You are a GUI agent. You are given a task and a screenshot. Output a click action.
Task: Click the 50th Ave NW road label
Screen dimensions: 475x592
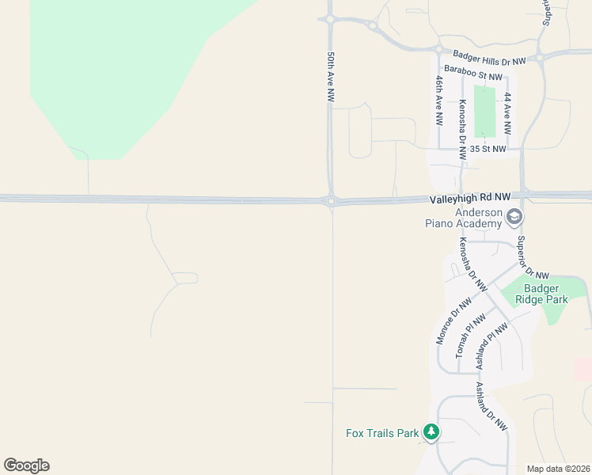coord(331,77)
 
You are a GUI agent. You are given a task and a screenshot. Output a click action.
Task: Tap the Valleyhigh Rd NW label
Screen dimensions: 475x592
coord(471,197)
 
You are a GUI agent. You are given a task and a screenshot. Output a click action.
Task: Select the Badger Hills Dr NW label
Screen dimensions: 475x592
coord(489,58)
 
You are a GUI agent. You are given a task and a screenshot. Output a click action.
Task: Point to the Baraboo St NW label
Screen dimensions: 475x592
coord(473,72)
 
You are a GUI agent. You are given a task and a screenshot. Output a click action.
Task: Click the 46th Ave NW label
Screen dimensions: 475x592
coord(438,101)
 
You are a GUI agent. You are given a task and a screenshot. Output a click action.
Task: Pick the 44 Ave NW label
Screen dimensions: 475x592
coord(507,113)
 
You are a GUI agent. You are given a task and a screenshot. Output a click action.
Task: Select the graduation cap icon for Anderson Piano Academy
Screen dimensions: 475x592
coord(514,217)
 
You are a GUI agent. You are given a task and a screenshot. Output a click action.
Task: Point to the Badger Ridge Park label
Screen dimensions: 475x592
coord(541,294)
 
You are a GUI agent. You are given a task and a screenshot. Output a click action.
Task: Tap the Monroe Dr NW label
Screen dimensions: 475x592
coord(453,320)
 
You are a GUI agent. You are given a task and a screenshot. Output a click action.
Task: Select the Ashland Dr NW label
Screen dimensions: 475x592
coord(491,406)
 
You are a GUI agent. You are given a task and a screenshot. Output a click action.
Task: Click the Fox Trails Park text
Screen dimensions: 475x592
coord(381,433)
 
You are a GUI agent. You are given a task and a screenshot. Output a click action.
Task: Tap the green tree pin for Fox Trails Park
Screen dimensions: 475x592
coord(431,431)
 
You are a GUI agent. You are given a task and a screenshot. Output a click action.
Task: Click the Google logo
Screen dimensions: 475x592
coord(27,465)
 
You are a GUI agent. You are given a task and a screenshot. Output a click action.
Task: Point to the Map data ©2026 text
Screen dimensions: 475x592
coord(557,469)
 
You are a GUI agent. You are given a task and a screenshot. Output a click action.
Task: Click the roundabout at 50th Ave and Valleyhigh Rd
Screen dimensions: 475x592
coord(331,200)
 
